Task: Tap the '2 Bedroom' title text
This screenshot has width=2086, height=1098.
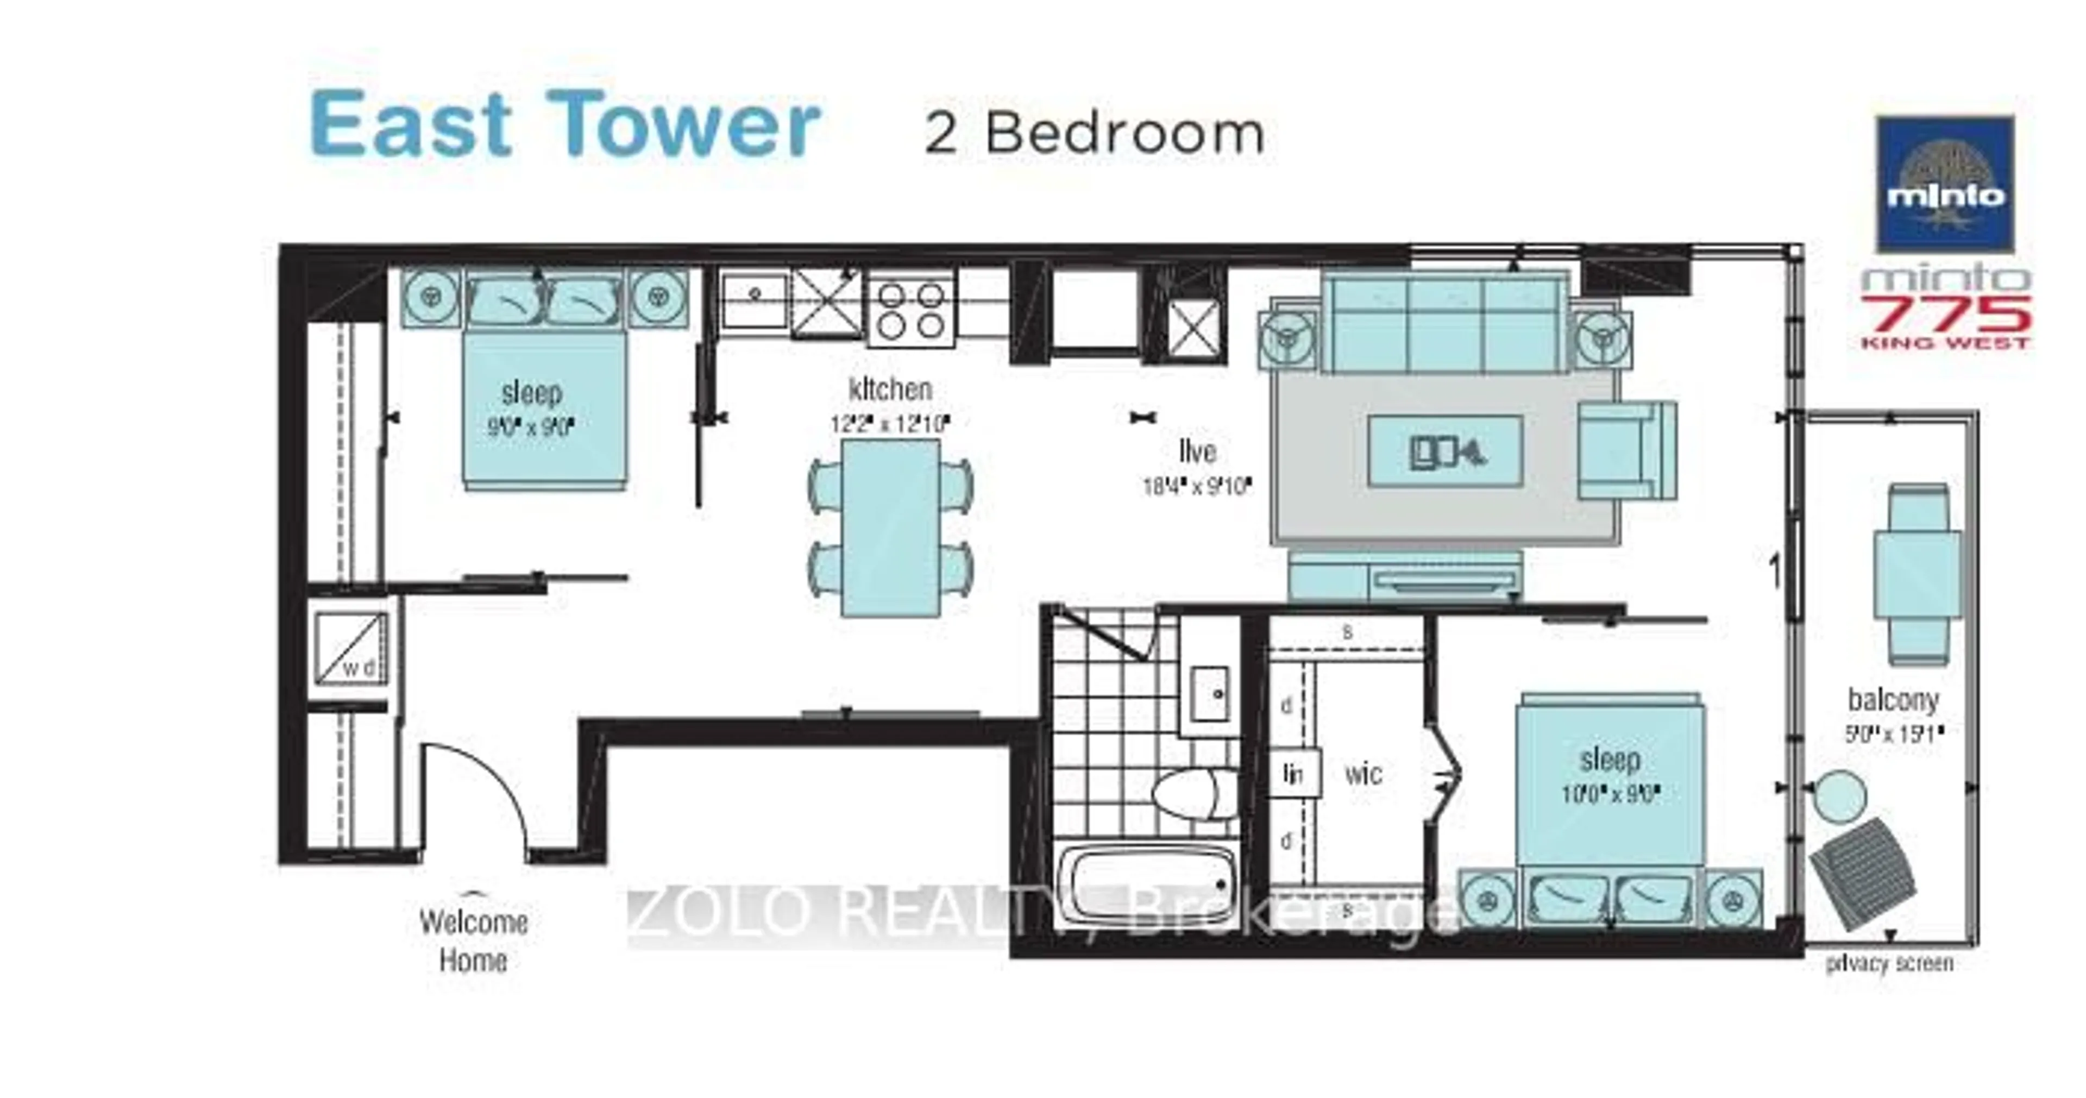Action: coord(1094,134)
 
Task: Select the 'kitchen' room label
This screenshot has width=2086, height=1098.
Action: coord(890,390)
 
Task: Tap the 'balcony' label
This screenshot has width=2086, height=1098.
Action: coord(1893,699)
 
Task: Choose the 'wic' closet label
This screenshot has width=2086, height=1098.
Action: coord(1363,774)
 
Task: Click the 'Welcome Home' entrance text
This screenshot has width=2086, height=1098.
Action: coord(474,941)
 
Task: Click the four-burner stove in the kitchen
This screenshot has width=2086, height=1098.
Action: coord(911,309)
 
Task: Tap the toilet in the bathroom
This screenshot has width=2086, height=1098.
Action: coord(1186,794)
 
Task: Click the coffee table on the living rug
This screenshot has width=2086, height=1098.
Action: coord(1444,451)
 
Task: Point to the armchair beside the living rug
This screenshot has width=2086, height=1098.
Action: coord(1626,450)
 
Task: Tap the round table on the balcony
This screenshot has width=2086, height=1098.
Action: coord(1840,796)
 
